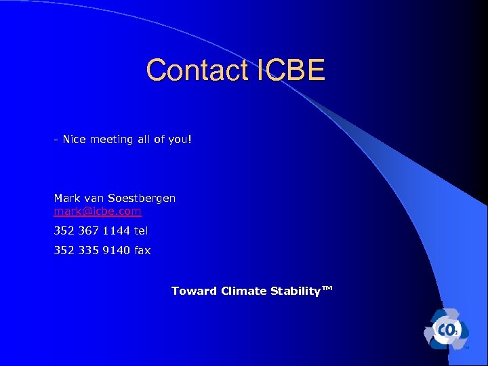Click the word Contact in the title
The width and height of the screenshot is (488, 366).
coord(197,70)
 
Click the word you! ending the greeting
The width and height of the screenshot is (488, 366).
coord(180,140)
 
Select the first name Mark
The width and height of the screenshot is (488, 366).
coord(66,199)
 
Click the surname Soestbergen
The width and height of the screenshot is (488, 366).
coord(141,199)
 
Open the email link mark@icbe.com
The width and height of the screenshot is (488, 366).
coord(98,211)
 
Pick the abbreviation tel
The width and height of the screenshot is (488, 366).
coord(141,231)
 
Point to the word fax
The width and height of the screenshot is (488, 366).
coord(142,251)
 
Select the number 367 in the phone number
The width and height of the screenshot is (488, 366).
coord(87,231)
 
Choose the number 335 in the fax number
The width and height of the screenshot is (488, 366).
coord(87,251)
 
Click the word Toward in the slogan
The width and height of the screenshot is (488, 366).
coord(194,291)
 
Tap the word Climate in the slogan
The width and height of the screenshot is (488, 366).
coord(243,291)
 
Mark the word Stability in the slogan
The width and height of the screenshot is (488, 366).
coord(295,291)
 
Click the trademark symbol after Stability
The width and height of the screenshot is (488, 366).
coord(327,289)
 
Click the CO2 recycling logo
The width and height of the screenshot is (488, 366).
coord(445,329)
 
